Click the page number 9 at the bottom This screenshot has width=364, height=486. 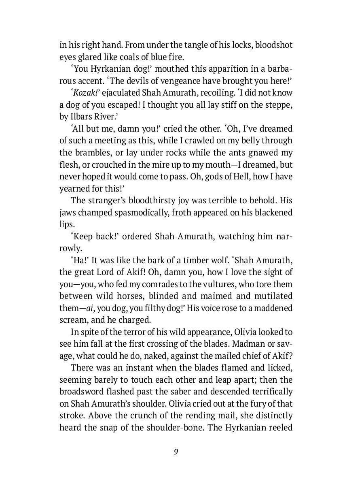point(176,452)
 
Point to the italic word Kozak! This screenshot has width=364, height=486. point(87,92)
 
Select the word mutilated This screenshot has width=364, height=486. point(273,296)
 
